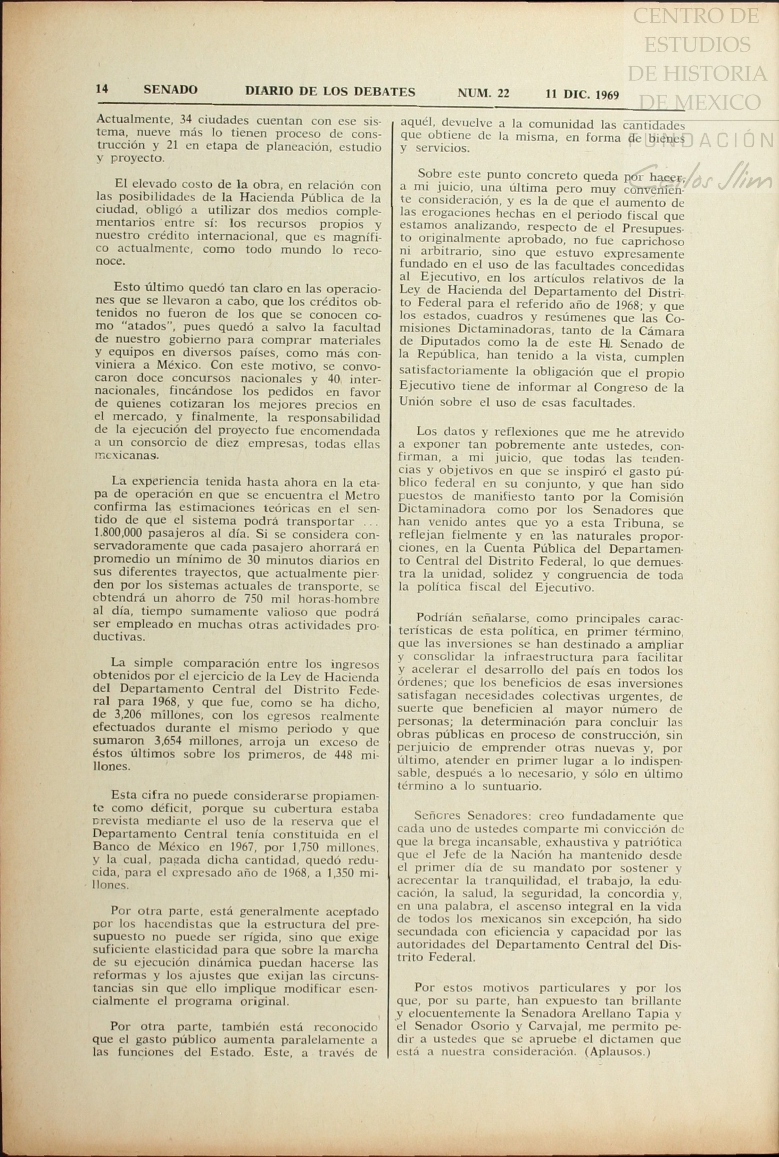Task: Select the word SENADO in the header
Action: (170, 90)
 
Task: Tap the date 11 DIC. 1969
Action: (582, 95)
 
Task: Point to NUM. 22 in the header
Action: (483, 94)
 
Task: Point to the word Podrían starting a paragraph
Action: (439, 618)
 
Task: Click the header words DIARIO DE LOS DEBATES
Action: (330, 91)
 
